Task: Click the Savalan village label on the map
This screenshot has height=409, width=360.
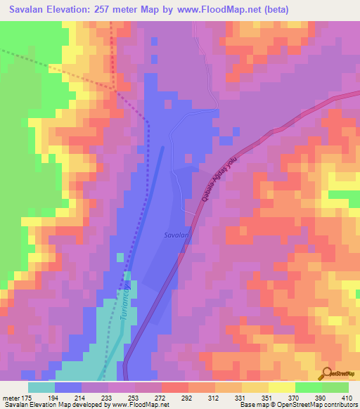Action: pyautogui.click(x=176, y=236)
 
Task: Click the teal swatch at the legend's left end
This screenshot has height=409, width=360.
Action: pyautogui.click(x=41, y=387)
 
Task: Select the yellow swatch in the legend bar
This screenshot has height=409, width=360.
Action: pyautogui.click(x=281, y=387)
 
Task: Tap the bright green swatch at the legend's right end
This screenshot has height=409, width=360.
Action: pyautogui.click(x=335, y=387)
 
